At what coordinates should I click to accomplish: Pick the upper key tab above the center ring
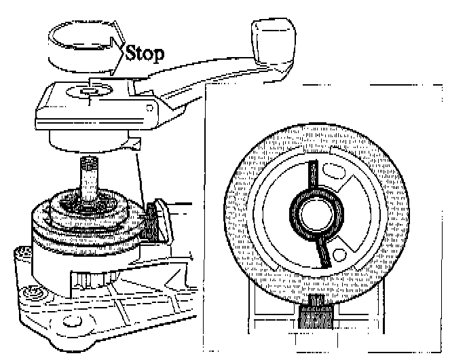313,177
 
